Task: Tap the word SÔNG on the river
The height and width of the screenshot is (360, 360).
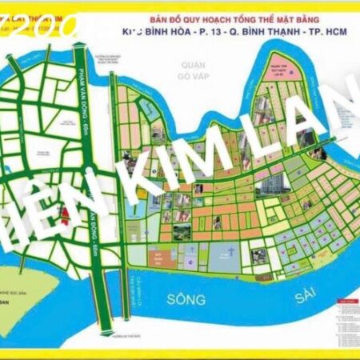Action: point(186,299)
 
